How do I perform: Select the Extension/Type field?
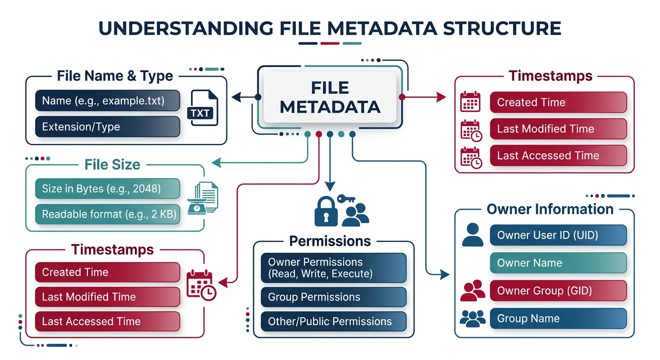coord(107,127)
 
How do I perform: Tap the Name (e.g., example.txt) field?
coord(107,100)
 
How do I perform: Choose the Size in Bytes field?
coord(107,189)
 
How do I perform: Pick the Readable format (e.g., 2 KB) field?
coord(107,214)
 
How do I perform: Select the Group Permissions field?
coord(333,297)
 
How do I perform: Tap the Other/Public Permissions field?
coord(333,322)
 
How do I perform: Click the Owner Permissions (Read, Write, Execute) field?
coord(333,268)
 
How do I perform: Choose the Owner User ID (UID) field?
coord(558,235)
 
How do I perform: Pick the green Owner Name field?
coord(558,263)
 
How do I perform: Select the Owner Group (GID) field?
coord(558,291)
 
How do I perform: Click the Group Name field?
coord(558,319)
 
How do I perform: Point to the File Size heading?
coord(112,165)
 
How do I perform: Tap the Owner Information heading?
coord(550,209)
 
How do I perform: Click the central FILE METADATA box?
coord(330,97)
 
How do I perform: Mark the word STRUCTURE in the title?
coord(502,28)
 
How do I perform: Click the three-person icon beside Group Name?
coord(472,319)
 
